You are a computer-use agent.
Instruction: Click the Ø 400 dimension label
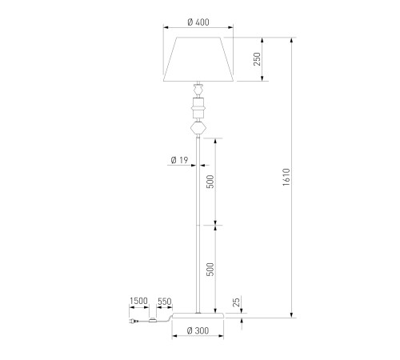pyautogui.click(x=198, y=22)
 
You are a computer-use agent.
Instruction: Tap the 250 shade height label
pyautogui.click(x=257, y=59)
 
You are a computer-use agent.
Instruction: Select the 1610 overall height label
pyautogui.click(x=286, y=177)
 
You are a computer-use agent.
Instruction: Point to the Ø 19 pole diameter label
pyautogui.click(x=179, y=160)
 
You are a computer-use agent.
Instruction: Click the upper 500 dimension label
pyautogui.click(x=210, y=182)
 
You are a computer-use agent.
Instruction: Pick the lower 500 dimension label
pyautogui.click(x=210, y=270)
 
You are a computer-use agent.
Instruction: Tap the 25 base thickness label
pyautogui.click(x=236, y=302)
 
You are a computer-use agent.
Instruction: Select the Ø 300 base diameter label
pyautogui.click(x=198, y=330)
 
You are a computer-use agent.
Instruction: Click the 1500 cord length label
pyautogui.click(x=138, y=301)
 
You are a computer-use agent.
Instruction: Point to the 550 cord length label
pyautogui.click(x=164, y=302)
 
